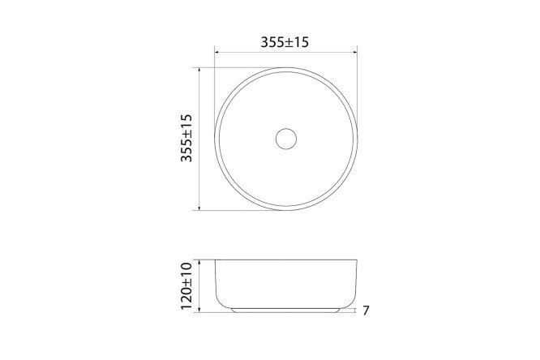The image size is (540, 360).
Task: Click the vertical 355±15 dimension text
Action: click(187, 139)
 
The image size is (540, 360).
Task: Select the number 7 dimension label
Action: click(366, 311)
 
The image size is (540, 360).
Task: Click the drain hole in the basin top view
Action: click(285, 139)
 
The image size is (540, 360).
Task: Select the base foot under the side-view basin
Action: click(285, 310)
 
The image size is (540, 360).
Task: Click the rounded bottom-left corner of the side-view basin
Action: click(221, 302)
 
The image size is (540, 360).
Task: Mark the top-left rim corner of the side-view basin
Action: click(216, 261)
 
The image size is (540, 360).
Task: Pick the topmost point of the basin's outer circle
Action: click(285, 68)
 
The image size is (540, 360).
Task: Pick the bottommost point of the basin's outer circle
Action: click(285, 210)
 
